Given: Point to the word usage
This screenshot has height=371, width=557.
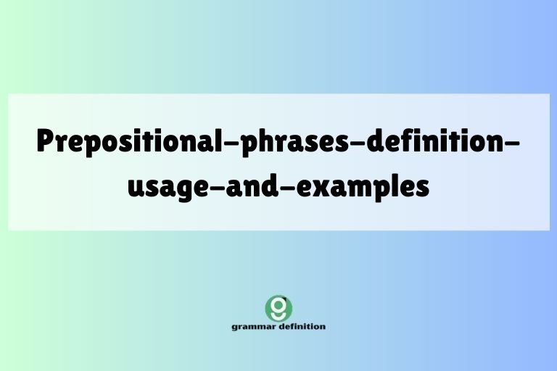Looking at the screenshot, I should [163, 187].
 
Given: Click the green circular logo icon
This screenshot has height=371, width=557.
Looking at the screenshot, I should [278, 308].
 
